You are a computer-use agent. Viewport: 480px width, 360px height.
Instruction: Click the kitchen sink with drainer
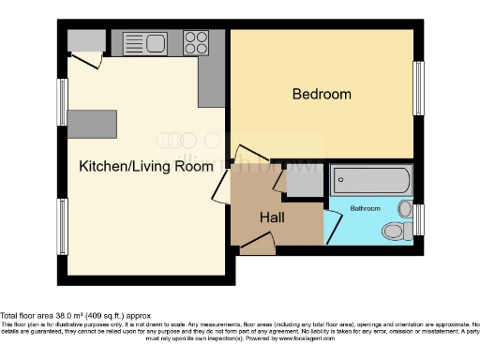145,42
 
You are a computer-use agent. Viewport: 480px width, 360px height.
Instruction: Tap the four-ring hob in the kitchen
196,42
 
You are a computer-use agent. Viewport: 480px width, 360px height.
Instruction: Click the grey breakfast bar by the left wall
92,123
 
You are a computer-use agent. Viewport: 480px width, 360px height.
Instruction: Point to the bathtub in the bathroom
369,179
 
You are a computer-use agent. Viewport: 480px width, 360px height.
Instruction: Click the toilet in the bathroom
394,230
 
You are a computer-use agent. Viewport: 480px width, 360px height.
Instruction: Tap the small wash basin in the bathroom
405,208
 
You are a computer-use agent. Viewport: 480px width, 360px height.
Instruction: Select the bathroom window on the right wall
418,219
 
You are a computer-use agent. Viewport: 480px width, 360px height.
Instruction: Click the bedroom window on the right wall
418,88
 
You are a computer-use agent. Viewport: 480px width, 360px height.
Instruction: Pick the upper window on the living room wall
62,101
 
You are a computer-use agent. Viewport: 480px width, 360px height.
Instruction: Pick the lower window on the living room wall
62,226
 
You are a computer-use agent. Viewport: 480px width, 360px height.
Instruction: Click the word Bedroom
322,94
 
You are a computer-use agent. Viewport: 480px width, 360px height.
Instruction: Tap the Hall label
272,217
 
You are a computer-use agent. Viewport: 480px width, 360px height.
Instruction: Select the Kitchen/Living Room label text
145,167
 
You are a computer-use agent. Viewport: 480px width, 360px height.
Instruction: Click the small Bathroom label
365,207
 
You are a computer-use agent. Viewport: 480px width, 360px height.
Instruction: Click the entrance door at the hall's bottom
257,247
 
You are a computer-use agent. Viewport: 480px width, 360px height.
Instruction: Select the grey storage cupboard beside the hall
305,180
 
